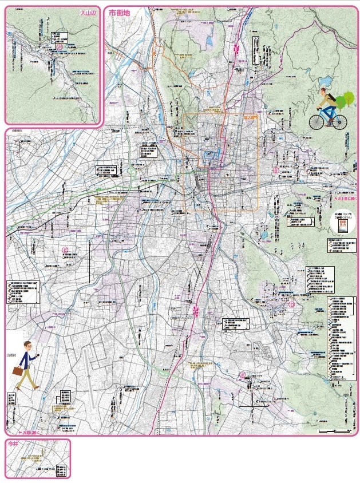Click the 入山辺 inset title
click(x=88, y=11)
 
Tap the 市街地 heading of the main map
click(x=120, y=13)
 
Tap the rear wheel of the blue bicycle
click(x=339, y=121)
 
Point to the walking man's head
click(x=27, y=345)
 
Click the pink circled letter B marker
click(x=275, y=170)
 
